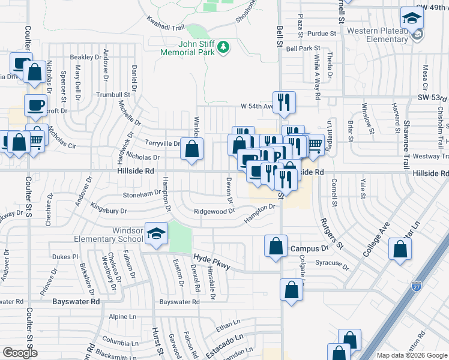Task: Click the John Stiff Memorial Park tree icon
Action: point(223,46)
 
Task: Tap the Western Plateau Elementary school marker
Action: point(412,19)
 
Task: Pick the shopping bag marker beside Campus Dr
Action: point(276,245)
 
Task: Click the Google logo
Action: point(20,353)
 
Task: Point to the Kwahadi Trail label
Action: point(165,23)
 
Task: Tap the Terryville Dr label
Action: point(163,143)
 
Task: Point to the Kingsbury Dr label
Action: point(109,211)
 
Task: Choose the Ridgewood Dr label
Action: point(214,211)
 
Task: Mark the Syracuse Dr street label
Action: point(333,263)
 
